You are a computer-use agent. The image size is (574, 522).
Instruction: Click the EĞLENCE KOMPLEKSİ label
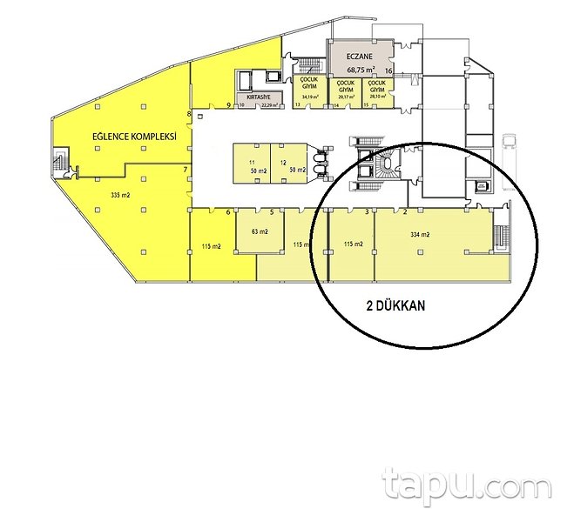(x=135, y=137)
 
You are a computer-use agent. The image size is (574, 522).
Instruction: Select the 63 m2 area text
(x=259, y=232)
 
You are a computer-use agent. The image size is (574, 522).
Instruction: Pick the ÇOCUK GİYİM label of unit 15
(x=377, y=85)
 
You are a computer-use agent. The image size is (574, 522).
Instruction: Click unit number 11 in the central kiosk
(x=252, y=163)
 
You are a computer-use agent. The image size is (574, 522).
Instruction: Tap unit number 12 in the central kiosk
(x=284, y=163)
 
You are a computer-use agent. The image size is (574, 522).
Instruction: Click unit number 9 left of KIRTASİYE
(x=228, y=105)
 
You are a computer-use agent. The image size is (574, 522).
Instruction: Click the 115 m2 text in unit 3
(x=352, y=244)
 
